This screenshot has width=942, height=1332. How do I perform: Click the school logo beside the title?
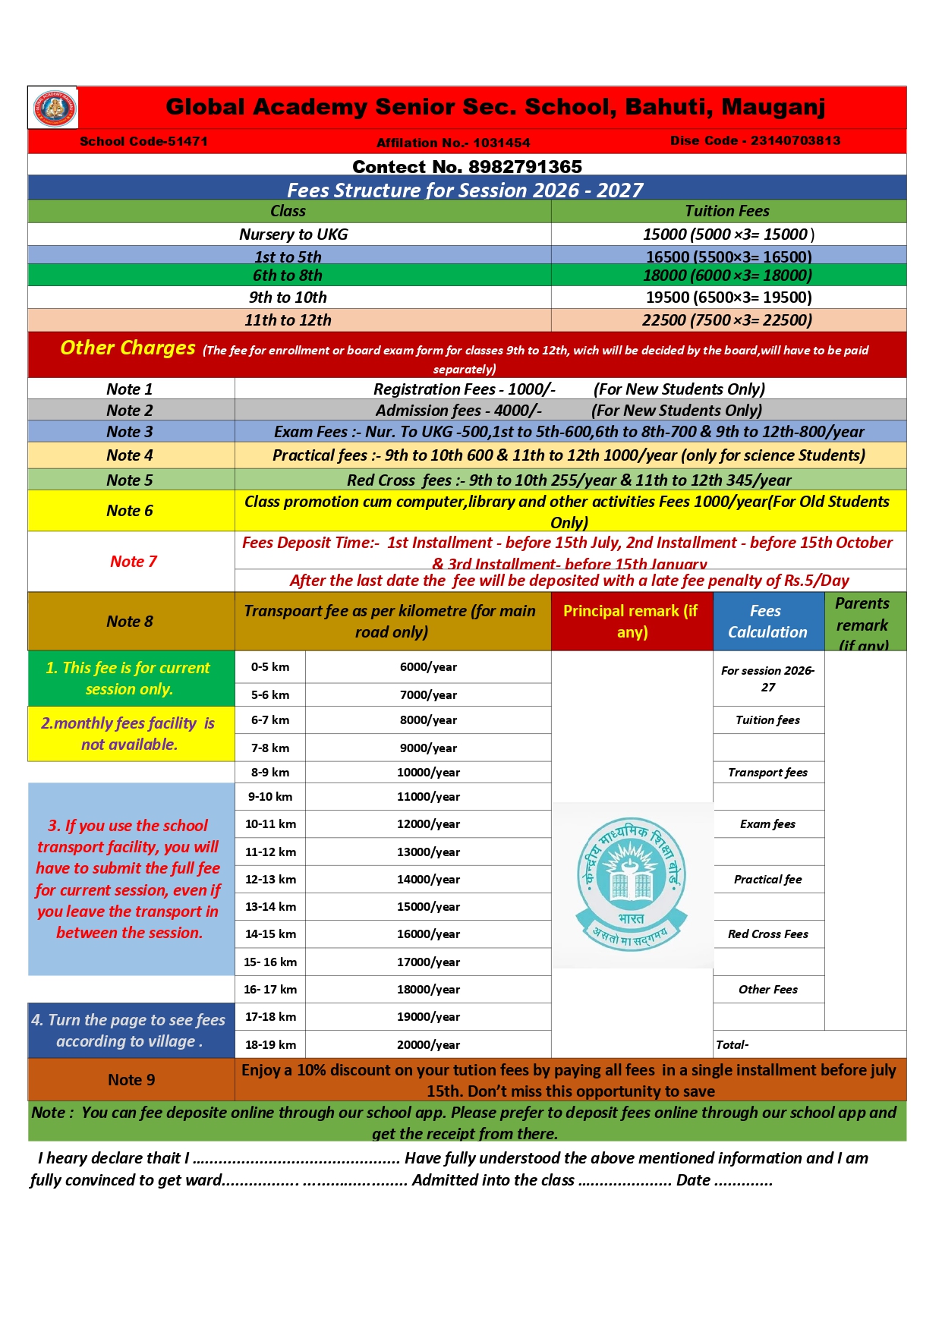54,108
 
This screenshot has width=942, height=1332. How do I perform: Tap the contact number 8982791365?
467,166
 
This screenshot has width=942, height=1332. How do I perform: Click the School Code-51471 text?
143,141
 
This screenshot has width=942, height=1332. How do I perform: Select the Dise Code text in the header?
755,140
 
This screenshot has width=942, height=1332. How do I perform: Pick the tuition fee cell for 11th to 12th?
726,320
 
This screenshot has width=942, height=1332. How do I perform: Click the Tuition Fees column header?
726,211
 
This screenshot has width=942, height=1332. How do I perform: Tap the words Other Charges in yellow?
128,348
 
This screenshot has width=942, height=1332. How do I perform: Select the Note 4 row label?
130,455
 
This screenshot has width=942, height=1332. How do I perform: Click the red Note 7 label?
133,562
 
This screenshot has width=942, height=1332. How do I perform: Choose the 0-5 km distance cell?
270,667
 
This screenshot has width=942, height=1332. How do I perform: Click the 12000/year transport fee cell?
428,824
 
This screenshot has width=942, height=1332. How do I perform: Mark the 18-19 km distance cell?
270,1044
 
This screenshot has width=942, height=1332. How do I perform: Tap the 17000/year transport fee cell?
428,962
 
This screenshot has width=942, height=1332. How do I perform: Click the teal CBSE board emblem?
632,884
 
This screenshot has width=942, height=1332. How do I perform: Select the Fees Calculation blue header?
767,622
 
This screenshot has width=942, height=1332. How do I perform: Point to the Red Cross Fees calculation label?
767,934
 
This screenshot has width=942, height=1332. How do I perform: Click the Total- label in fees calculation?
732,1045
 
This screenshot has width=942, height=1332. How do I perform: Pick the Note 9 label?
131,1080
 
